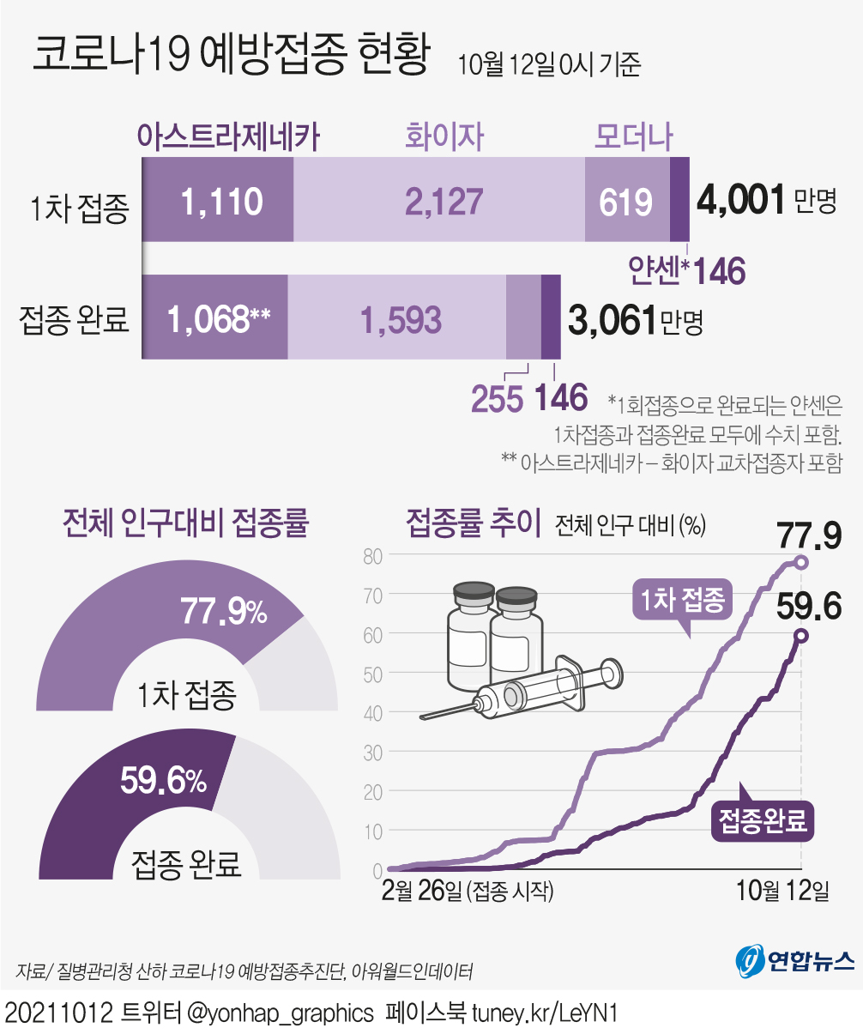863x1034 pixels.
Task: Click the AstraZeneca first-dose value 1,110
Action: point(222,202)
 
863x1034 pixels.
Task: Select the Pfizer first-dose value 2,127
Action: point(444,202)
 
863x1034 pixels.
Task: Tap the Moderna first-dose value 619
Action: point(626,203)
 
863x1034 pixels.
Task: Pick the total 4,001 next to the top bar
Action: point(741,200)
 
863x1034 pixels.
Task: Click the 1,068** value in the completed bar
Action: point(219,319)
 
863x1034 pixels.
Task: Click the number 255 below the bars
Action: point(498,399)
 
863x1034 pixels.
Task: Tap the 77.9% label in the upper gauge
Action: point(223,612)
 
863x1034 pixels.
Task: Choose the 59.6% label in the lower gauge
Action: point(163,781)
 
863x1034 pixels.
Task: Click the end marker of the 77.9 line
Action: point(801,562)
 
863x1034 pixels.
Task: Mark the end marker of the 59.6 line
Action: point(800,636)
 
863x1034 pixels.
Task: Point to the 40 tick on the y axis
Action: point(371,712)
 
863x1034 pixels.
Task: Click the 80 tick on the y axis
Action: point(371,555)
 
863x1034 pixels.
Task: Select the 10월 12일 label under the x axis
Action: point(783,891)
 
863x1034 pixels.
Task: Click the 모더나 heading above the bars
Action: point(634,136)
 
